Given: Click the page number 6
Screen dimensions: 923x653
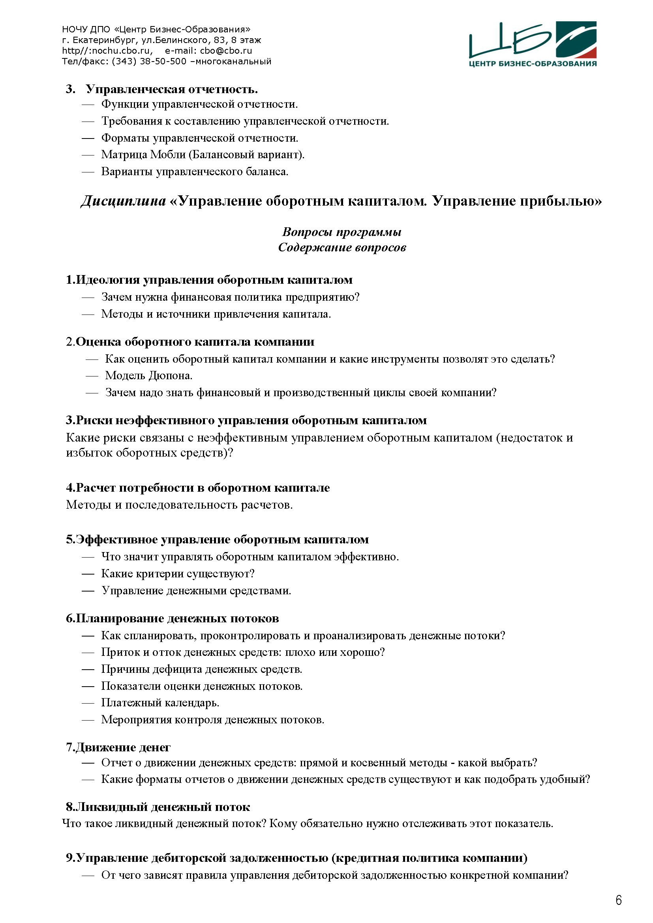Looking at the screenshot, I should (x=618, y=900).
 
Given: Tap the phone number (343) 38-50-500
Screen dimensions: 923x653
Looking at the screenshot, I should (x=149, y=62).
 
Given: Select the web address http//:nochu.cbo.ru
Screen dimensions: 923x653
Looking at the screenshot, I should (x=107, y=51).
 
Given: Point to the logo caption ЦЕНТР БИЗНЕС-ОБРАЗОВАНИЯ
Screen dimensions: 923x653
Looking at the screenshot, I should (x=532, y=64).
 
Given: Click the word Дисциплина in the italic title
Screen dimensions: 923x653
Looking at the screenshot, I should (x=124, y=201).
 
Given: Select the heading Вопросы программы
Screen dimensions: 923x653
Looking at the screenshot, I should (x=342, y=232).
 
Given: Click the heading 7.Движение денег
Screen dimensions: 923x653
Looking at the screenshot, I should (x=118, y=747).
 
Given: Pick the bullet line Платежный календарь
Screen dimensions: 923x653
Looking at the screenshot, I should (x=160, y=703).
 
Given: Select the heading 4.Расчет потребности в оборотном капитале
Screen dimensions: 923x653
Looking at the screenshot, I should (x=198, y=488).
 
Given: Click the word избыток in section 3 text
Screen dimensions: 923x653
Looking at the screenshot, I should (x=89, y=453).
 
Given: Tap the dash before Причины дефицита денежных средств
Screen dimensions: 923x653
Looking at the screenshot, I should (x=88, y=669).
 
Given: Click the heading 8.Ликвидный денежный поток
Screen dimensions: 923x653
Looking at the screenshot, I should (x=158, y=807).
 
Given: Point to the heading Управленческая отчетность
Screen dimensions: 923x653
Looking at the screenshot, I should (x=172, y=89).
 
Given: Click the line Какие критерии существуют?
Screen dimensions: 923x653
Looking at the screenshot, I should (x=178, y=574).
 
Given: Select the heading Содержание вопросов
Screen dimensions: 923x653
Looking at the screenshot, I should (x=342, y=247).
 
